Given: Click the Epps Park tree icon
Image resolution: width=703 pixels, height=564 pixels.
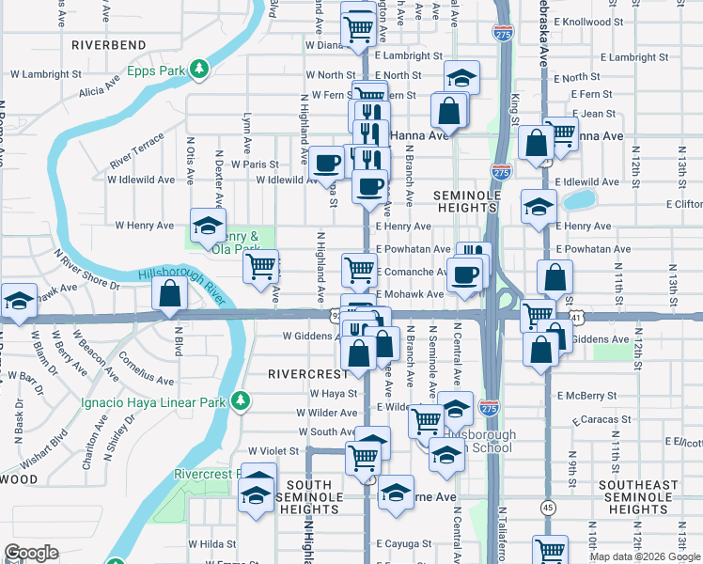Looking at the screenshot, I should coord(199,68).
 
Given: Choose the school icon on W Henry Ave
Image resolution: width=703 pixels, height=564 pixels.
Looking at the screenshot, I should coord(208,224).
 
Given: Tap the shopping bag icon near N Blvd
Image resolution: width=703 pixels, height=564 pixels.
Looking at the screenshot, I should coord(169,293).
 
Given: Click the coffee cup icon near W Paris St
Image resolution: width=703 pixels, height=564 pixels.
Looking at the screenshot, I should coord(327,163).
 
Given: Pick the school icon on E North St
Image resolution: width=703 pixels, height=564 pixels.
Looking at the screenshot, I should coord(461,77).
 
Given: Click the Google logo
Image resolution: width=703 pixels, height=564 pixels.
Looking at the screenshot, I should coord(32,553).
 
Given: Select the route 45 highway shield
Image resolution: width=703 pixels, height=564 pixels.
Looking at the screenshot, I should coord(547,507).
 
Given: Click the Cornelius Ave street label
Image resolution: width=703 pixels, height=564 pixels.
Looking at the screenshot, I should coord(146,371).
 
